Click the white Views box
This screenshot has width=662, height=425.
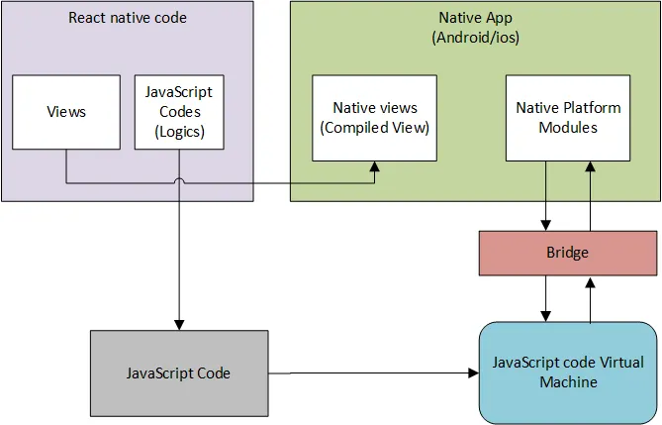[66, 111]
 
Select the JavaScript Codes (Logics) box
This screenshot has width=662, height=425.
[179, 111]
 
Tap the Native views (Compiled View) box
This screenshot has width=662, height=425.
[374, 117]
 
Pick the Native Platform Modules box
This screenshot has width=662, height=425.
[567, 117]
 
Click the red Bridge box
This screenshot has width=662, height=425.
[568, 254]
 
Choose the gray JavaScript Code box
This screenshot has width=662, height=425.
[178, 372]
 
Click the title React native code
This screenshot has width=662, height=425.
[127, 18]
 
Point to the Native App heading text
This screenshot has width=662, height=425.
[475, 18]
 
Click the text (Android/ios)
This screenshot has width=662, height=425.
[475, 37]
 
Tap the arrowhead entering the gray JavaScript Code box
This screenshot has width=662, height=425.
[179, 324]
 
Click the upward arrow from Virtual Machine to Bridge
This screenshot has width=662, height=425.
[591, 298]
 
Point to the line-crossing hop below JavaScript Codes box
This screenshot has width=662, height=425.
[179, 181]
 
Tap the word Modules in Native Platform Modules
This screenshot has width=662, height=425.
[567, 127]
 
